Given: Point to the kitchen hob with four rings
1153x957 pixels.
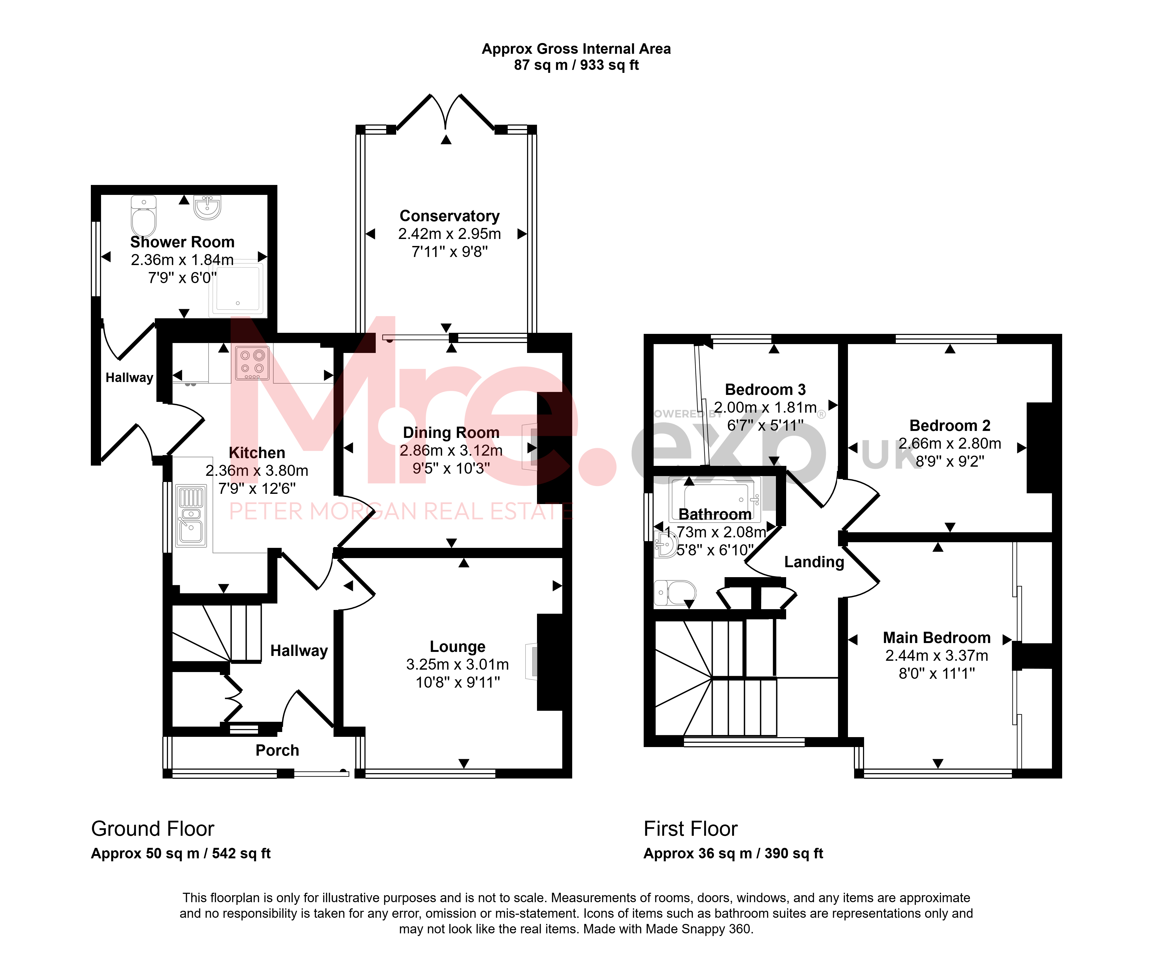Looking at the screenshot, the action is point(253,363).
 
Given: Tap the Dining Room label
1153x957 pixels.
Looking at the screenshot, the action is point(451,433).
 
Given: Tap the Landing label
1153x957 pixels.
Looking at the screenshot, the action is point(814,562).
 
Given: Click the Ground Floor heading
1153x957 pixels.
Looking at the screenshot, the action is point(153,829).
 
